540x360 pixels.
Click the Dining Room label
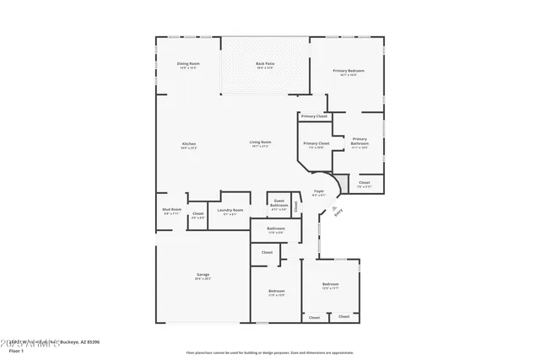click(188, 64)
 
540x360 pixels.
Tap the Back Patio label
click(266, 64)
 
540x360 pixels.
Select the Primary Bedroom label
click(348, 71)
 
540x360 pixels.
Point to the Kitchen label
click(189, 144)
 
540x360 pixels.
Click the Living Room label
click(260, 142)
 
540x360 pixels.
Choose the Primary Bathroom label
click(360, 141)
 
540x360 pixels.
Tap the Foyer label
click(319, 192)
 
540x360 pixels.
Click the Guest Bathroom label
click(279, 202)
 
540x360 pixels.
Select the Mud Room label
click(171, 212)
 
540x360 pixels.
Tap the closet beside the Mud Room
click(197, 214)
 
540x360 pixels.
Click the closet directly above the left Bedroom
click(267, 252)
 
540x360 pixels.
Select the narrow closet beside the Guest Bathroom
click(296, 203)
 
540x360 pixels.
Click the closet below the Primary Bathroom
click(364, 183)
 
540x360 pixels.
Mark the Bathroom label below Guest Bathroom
click(276, 228)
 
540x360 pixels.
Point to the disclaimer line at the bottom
click(269, 352)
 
